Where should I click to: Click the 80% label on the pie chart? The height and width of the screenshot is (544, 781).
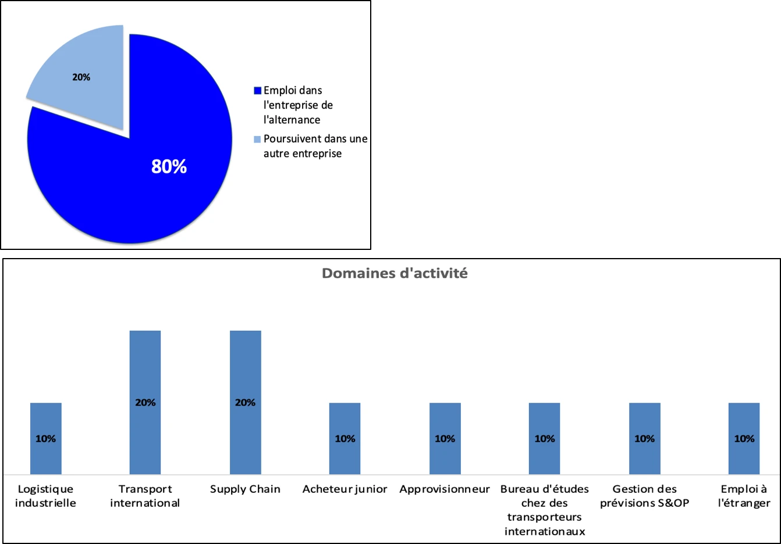(169, 166)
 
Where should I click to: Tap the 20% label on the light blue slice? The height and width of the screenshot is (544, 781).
(81, 77)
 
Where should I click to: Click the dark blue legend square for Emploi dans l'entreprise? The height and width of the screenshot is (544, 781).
(257, 91)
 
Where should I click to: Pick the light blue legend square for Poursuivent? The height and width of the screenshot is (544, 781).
(257, 139)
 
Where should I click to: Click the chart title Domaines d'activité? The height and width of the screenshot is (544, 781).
(395, 273)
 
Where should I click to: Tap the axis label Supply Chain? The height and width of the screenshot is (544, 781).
(245, 489)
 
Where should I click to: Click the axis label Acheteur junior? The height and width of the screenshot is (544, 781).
(345, 489)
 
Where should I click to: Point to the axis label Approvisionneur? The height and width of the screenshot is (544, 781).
(445, 489)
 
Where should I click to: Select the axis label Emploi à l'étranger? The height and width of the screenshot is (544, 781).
(744, 496)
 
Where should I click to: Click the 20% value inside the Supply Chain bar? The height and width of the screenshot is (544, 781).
(245, 402)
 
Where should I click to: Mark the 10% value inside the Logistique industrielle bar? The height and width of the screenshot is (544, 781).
(46, 439)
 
